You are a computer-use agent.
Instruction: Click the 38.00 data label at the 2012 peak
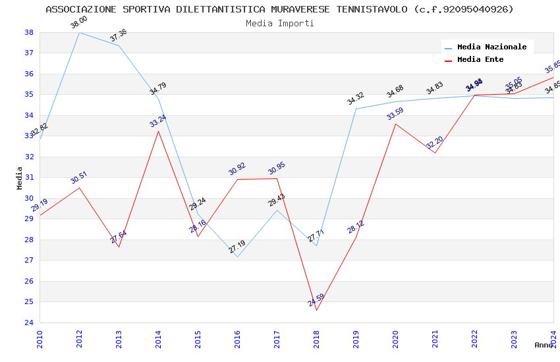point(79,22)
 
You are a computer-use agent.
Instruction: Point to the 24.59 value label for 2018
point(316,300)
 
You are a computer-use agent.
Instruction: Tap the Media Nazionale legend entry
point(491,47)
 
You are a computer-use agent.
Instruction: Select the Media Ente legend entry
point(480,60)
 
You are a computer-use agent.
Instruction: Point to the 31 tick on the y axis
point(29,178)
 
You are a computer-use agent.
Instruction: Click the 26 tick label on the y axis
point(29,281)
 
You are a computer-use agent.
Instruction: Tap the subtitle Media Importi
point(280,23)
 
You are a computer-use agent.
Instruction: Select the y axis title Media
point(19,178)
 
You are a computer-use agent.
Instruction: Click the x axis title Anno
point(544,345)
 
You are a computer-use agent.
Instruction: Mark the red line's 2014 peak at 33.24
point(158,131)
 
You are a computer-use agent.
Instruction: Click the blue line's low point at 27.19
point(237,257)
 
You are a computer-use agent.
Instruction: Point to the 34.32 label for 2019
point(356,99)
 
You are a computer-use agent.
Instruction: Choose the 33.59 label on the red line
point(395,113)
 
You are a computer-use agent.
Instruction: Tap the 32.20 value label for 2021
point(435,142)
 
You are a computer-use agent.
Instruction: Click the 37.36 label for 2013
point(119,36)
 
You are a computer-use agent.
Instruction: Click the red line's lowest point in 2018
point(316,311)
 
